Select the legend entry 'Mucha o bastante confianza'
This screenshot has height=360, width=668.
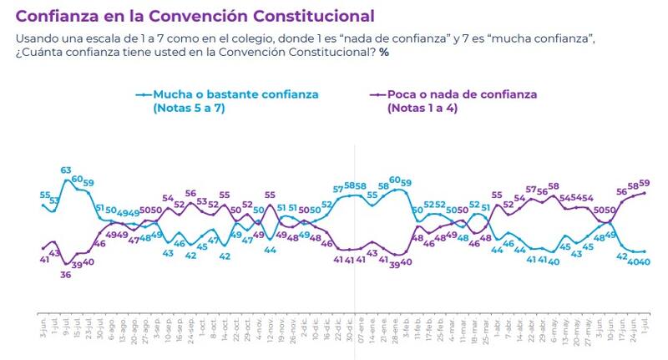pyautogui.click(x=235, y=95)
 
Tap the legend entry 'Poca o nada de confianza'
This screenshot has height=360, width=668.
pyautogui.click(x=462, y=95)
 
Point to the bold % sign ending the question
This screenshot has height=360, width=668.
pyautogui.click(x=384, y=53)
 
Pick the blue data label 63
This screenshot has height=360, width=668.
pyautogui.click(x=65, y=170)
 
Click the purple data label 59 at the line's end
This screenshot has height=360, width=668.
pyautogui.click(x=645, y=183)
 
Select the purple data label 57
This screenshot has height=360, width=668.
pyautogui.click(x=531, y=190)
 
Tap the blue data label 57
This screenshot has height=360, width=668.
pyautogui.click(x=338, y=190)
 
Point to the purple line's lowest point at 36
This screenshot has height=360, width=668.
pyautogui.click(x=65, y=265)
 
